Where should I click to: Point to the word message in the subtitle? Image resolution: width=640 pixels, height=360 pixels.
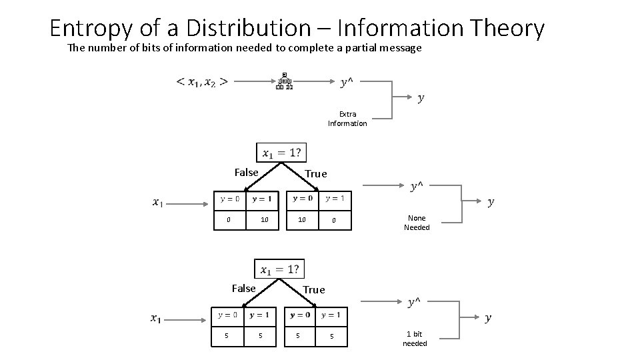399,48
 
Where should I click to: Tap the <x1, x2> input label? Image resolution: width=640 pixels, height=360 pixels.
202,82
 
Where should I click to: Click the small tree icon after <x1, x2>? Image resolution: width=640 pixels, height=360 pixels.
284,81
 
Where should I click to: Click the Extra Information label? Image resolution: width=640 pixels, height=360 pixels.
347,119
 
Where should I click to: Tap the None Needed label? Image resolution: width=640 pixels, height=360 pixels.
417,223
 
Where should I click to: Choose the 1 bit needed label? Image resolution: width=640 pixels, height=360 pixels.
415,339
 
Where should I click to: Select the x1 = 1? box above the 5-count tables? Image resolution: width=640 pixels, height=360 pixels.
279,269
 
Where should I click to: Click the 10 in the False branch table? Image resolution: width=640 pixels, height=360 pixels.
265,220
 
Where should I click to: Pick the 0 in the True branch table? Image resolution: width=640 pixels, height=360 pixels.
334,220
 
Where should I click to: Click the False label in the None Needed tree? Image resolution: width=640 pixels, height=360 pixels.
246,173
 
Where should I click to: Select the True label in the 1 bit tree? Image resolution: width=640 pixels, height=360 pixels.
314,290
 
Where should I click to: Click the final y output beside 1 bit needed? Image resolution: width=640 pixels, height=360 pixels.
488,318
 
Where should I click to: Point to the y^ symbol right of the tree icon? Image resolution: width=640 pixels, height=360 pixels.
347,82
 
